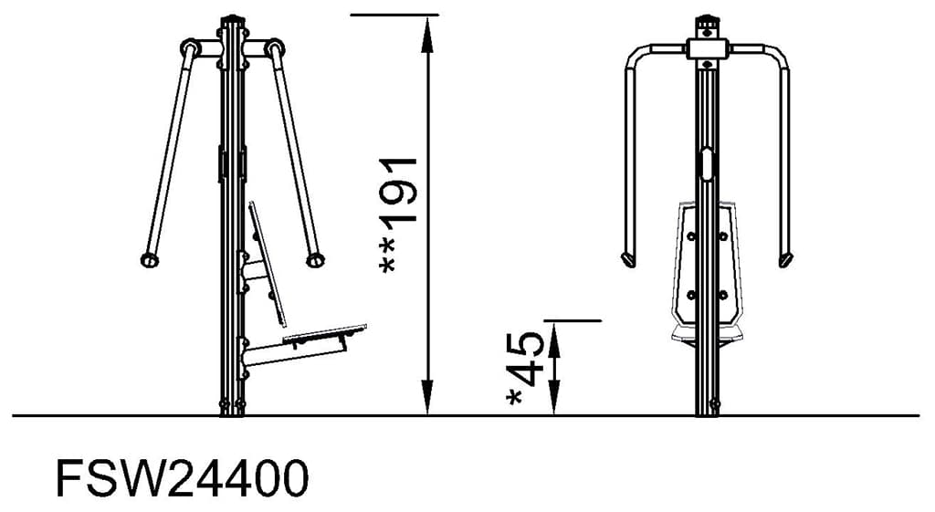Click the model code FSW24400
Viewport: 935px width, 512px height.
tap(182, 477)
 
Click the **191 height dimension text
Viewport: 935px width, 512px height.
tap(398, 214)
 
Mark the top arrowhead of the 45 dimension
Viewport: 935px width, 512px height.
tap(553, 332)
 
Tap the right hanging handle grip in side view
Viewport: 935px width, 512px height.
tap(315, 261)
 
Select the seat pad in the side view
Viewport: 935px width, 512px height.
tap(324, 333)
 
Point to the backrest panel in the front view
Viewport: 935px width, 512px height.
tap(707, 265)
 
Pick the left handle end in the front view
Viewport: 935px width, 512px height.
tap(627, 260)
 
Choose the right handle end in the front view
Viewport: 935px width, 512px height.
tap(784, 261)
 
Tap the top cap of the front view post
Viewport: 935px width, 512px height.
tap(707, 20)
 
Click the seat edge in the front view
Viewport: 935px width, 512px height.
tap(706, 334)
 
